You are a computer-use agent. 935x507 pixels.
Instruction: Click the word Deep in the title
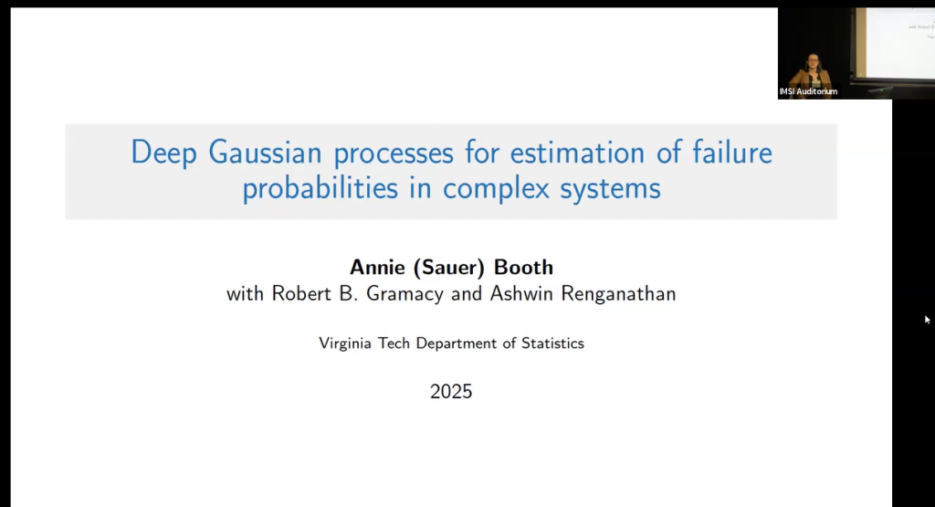coord(164,153)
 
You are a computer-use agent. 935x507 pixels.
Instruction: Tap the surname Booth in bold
coord(523,268)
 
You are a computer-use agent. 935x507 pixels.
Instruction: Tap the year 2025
coord(451,392)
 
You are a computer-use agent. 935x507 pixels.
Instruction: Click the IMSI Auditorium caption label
coord(808,91)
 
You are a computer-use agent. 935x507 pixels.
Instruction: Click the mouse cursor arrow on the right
coord(927,319)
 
